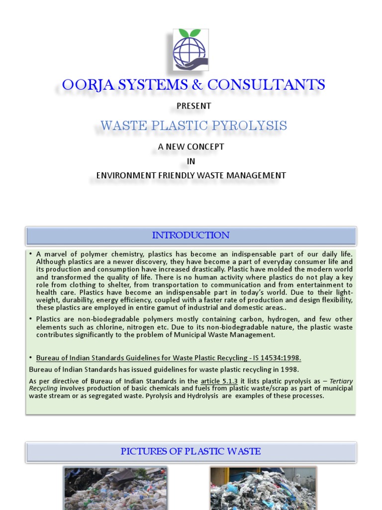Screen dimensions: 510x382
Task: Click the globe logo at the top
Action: [x=191, y=49]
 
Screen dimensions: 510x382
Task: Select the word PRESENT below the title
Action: [x=194, y=106]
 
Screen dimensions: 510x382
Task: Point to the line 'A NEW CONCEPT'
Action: [x=191, y=147]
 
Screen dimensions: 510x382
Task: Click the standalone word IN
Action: [x=191, y=161]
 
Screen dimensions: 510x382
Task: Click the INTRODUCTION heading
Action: [x=191, y=235]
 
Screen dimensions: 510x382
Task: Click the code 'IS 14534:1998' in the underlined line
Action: [x=277, y=358]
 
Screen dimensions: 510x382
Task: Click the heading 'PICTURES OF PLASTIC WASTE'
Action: [x=191, y=452]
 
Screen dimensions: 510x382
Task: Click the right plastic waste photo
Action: [x=263, y=489]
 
